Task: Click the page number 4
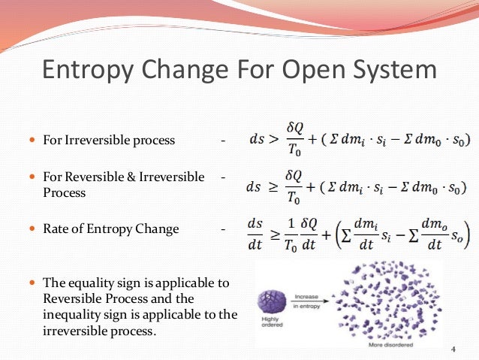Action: point(453,349)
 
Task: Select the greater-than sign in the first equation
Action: point(271,141)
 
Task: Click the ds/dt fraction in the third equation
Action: point(255,229)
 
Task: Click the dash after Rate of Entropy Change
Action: point(223,228)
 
